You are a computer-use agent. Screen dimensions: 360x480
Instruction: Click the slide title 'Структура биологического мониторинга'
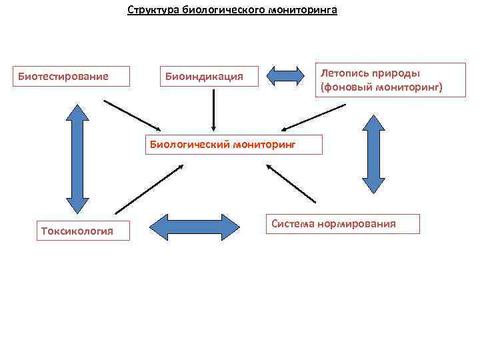coord(233,11)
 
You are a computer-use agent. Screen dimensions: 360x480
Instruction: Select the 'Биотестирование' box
coord(63,77)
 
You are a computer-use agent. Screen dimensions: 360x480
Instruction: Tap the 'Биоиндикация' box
coord(204,77)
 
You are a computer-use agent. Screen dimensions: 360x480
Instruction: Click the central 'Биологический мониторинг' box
coord(233,144)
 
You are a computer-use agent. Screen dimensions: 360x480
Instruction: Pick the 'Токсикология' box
coord(77,231)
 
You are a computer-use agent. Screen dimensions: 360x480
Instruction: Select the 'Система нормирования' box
coord(343,224)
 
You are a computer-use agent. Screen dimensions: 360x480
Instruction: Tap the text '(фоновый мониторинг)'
coord(381,87)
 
